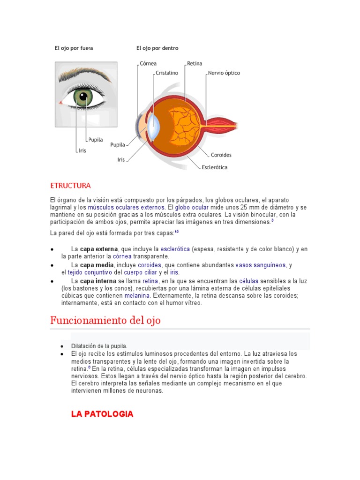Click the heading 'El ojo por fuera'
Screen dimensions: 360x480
click(74, 48)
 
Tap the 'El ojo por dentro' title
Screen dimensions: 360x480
click(157, 48)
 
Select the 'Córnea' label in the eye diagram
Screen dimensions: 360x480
click(148, 63)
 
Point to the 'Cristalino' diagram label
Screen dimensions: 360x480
click(167, 73)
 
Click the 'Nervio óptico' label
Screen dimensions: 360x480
click(224, 73)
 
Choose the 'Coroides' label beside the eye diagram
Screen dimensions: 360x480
click(221, 155)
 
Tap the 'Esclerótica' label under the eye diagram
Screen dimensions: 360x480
click(215, 167)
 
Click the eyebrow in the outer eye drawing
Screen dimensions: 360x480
click(84, 74)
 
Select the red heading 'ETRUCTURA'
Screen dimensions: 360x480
click(70, 186)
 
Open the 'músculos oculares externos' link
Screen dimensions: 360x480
click(126, 207)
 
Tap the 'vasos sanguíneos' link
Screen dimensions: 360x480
click(260, 265)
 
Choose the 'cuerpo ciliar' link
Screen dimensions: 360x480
click(140, 272)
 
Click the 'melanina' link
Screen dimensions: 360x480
click(137, 296)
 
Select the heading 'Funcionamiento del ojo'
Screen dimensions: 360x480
click(105, 321)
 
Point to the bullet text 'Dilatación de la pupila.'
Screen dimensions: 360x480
click(99, 346)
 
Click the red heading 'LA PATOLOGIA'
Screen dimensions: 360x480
click(102, 414)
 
